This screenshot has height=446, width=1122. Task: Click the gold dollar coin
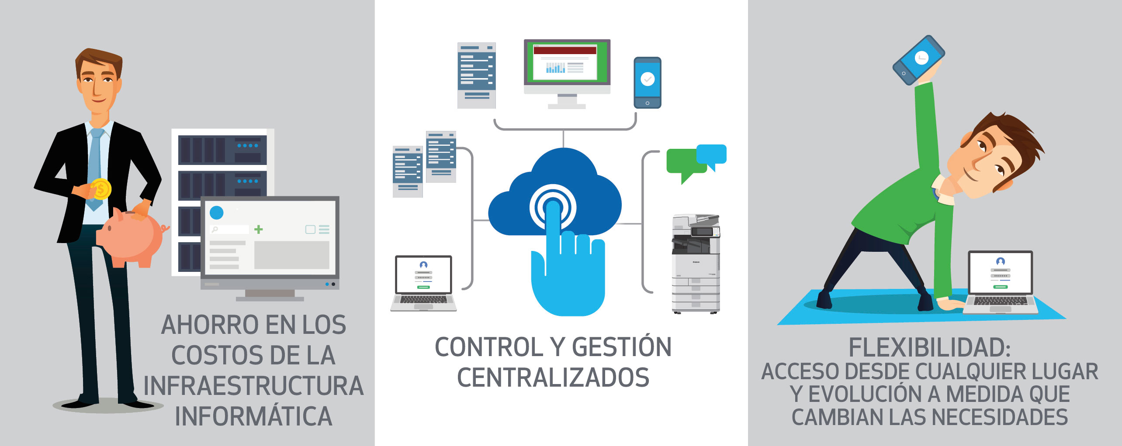tap(101, 189)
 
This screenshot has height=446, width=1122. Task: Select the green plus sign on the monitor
tap(259, 229)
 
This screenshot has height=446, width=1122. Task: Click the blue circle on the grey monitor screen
tap(217, 213)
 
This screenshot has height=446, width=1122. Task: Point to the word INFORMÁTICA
tap(254, 416)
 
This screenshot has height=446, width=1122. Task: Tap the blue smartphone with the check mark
tap(648, 82)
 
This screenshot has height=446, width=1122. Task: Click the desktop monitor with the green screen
tap(567, 73)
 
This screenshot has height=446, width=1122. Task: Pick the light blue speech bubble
tap(712, 156)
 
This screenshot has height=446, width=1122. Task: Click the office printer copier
tap(696, 264)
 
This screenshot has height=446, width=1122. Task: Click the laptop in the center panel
tap(423, 283)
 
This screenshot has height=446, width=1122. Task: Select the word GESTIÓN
tap(622, 347)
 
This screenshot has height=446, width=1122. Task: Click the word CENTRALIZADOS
tap(553, 378)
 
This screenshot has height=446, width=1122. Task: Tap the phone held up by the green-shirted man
tap(918, 60)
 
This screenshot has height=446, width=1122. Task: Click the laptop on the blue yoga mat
tap(1001, 282)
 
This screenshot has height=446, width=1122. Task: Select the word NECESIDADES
tap(1000, 417)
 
